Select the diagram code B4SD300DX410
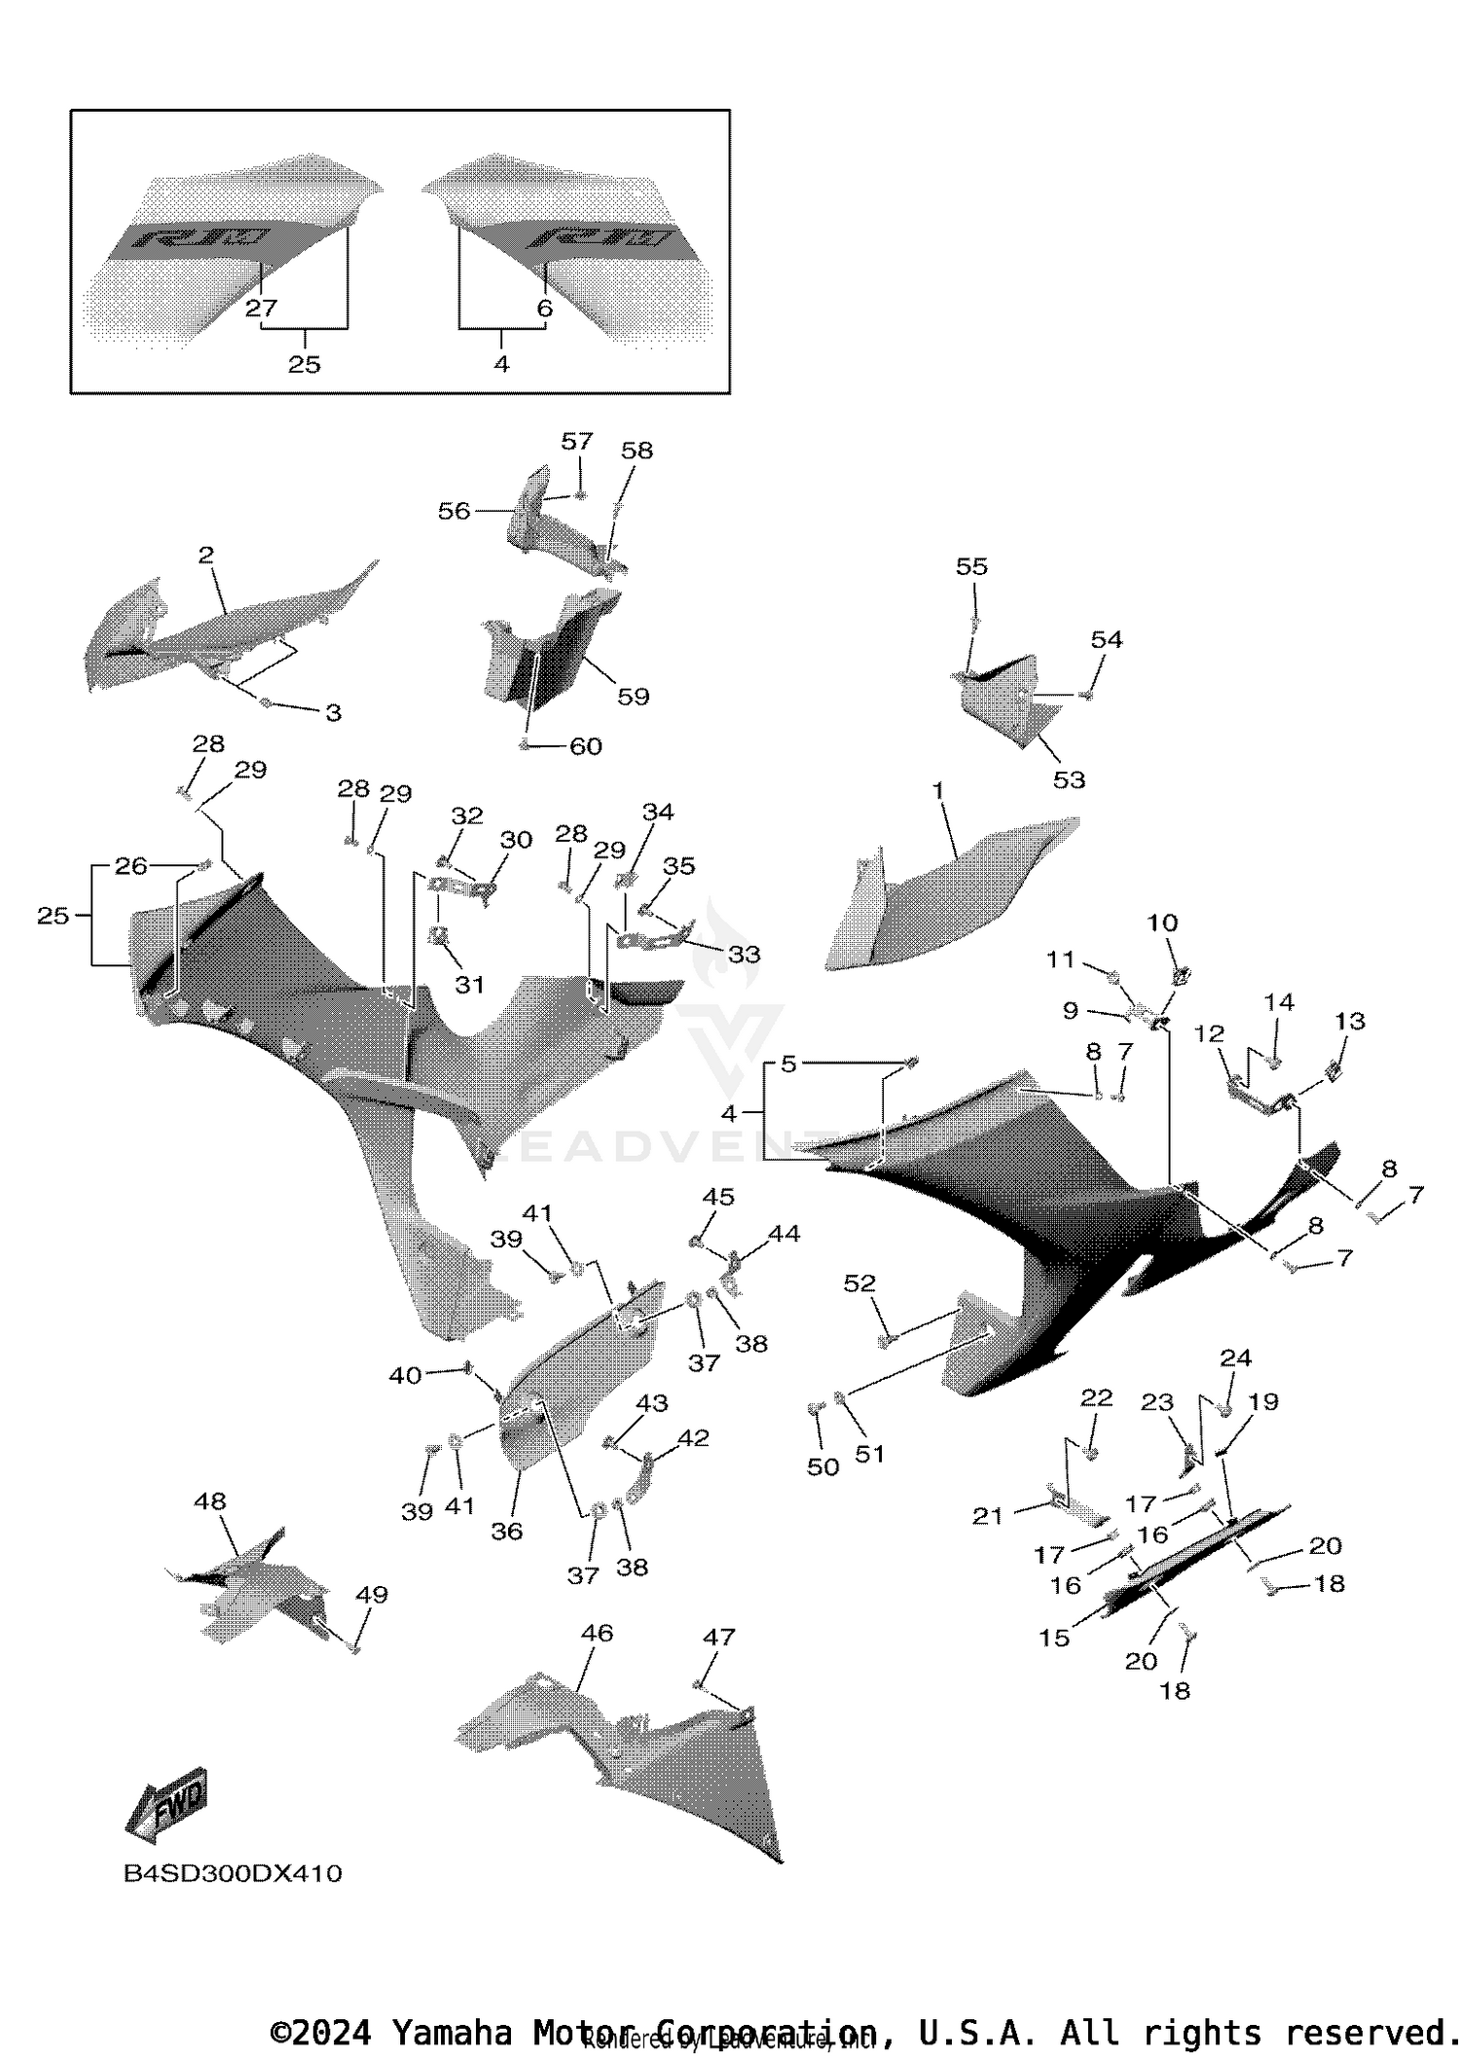click(233, 1873)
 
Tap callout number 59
click(633, 696)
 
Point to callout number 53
click(1069, 779)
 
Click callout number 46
click(597, 1632)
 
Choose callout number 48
click(209, 1500)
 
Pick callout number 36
click(506, 1531)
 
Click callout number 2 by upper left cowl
click(206, 555)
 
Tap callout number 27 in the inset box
click(261, 308)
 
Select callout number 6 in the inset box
click(545, 308)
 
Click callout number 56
click(454, 511)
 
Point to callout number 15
click(1054, 1638)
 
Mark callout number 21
click(988, 1515)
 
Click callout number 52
click(859, 1283)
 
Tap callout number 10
click(1162, 922)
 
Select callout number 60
click(586, 746)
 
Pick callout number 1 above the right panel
click(938, 790)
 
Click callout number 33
click(744, 954)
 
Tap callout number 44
click(784, 1234)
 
